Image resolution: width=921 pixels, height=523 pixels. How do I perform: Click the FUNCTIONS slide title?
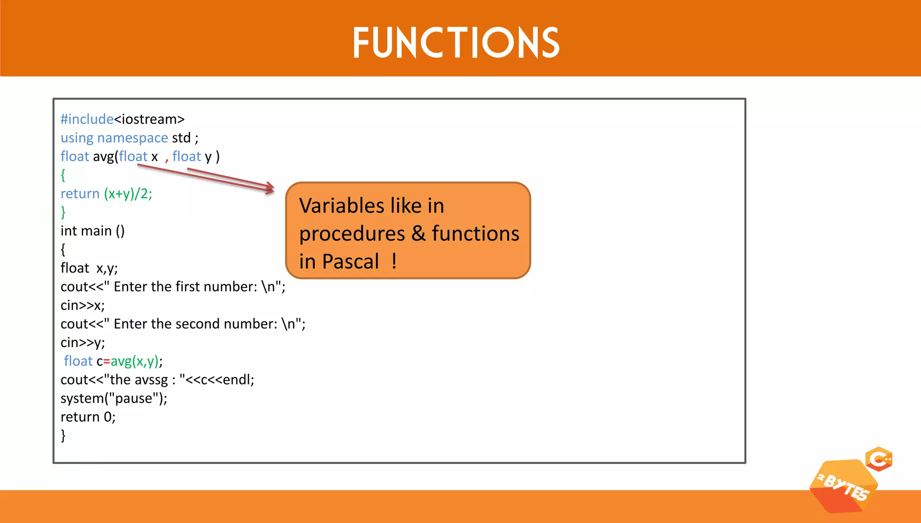(x=456, y=43)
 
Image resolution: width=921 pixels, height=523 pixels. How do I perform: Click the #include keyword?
(x=87, y=119)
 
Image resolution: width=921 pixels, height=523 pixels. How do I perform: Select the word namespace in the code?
(x=132, y=138)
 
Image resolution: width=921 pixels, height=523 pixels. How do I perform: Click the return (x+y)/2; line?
(x=106, y=194)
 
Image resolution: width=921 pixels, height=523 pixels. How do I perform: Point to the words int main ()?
(x=92, y=231)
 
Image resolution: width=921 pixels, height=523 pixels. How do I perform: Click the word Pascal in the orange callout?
(x=350, y=261)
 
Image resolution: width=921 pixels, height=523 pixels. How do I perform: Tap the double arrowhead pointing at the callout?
(x=269, y=188)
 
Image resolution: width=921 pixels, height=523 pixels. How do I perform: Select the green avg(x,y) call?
(x=134, y=361)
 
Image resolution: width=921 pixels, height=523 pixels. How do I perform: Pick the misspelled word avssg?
(x=151, y=380)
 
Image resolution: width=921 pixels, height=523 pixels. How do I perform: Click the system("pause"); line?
(x=114, y=398)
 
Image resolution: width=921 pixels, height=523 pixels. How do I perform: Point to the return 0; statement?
(x=88, y=417)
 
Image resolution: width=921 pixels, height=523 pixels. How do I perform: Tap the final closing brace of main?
(x=63, y=435)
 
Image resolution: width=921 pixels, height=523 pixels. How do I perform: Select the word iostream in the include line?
(x=149, y=119)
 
